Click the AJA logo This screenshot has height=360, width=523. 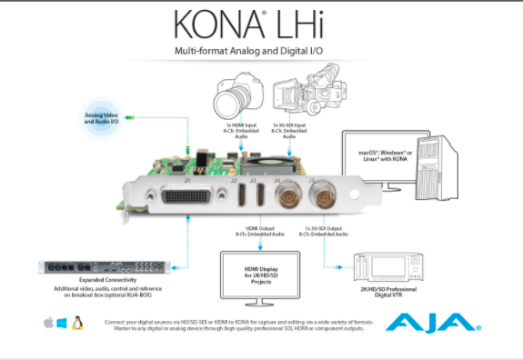[x=432, y=322]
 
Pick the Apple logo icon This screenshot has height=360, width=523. [x=48, y=323]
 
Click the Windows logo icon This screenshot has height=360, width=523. [x=63, y=323]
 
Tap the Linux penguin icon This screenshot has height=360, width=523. [x=78, y=323]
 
